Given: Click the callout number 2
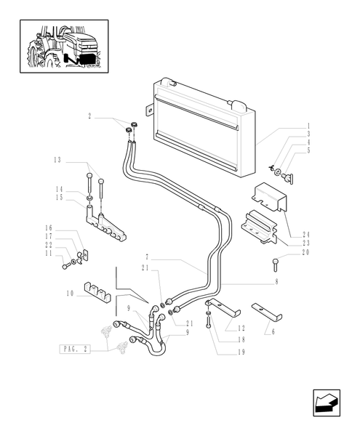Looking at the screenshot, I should point(89,116).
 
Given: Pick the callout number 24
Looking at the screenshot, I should point(306,235).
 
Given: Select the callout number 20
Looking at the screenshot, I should point(305,252).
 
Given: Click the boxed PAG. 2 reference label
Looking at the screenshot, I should point(74,350).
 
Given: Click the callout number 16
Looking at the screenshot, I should point(57,227).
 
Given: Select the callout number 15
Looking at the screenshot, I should point(58,198).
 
